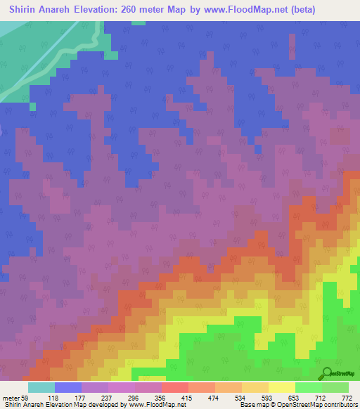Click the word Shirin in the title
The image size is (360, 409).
pos(25,10)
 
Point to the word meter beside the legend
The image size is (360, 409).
pos(9,397)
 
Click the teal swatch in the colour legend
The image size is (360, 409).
pos(41,387)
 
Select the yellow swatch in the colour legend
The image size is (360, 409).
pos(282,387)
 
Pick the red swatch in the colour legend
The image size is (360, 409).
pos(175,387)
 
